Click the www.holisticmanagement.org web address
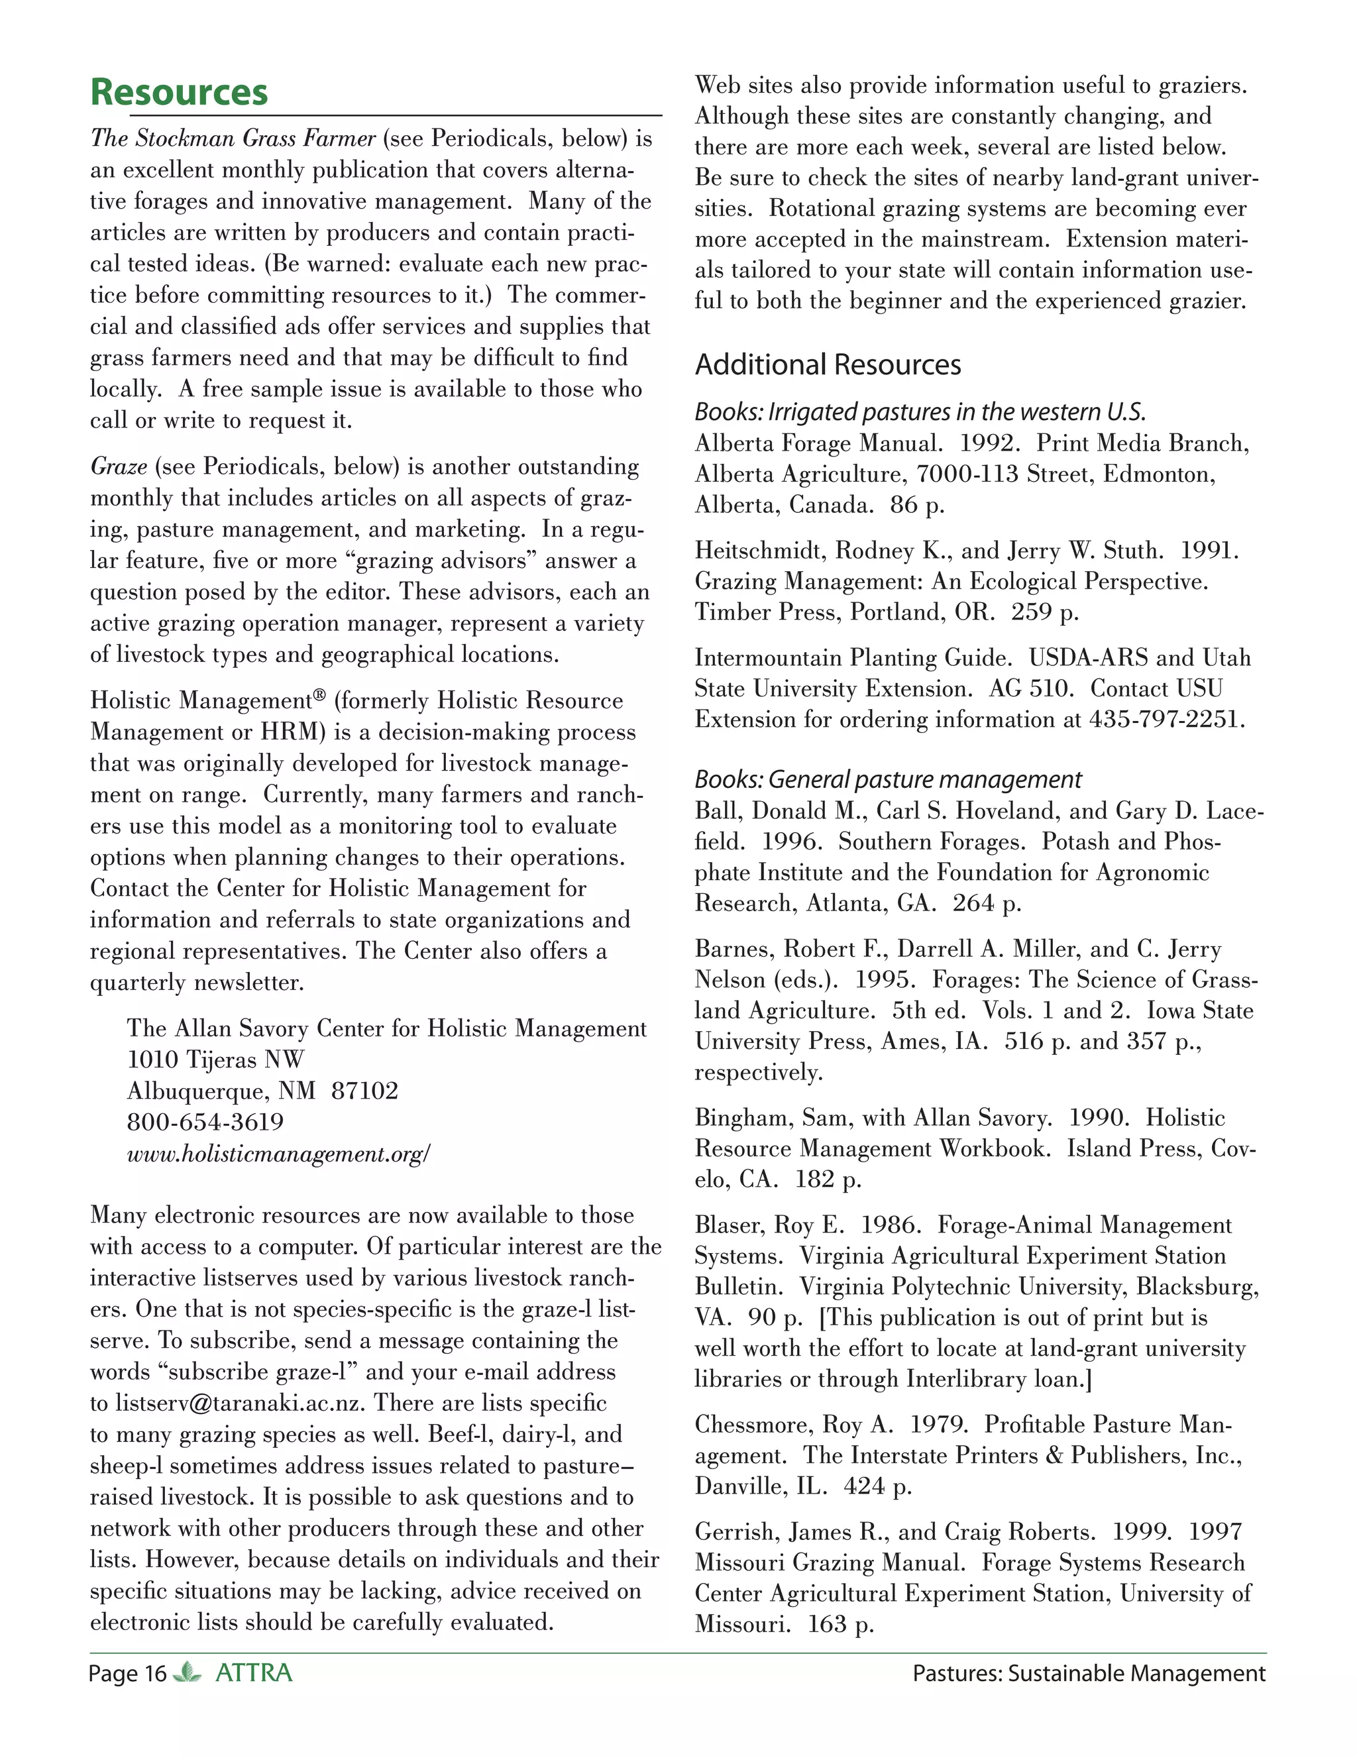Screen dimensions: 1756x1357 [278, 1154]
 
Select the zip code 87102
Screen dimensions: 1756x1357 [364, 1091]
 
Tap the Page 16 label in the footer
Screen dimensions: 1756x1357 [127, 1674]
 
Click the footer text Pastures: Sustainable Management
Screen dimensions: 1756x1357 [1089, 1674]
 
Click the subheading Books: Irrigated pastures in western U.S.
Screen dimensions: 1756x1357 [920, 412]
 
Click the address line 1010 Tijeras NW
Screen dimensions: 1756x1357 [215, 1060]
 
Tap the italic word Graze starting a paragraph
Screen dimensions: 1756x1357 [118, 466]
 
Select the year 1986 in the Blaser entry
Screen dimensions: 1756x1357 [890, 1225]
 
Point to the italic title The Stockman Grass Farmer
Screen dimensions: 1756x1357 [233, 138]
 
